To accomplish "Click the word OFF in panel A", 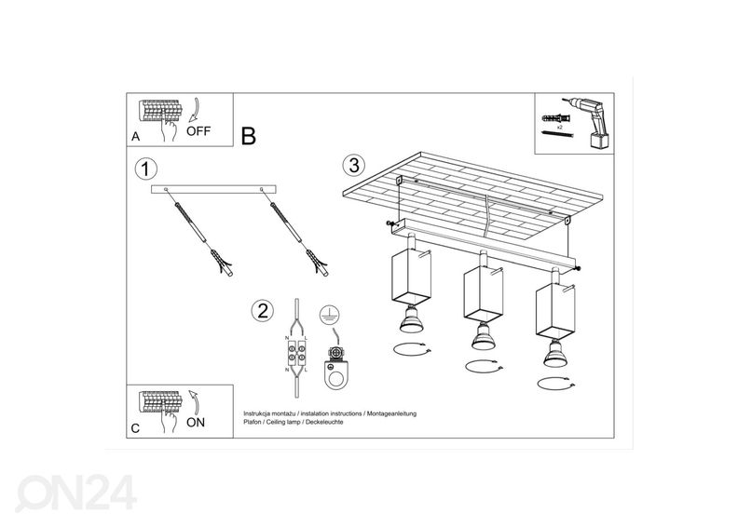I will [x=198, y=130].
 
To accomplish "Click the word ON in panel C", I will [x=197, y=422].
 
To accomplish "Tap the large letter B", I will [x=248, y=136].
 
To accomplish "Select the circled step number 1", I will [x=144, y=169].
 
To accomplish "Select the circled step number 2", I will [x=263, y=310].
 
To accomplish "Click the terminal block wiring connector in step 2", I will [x=296, y=356].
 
